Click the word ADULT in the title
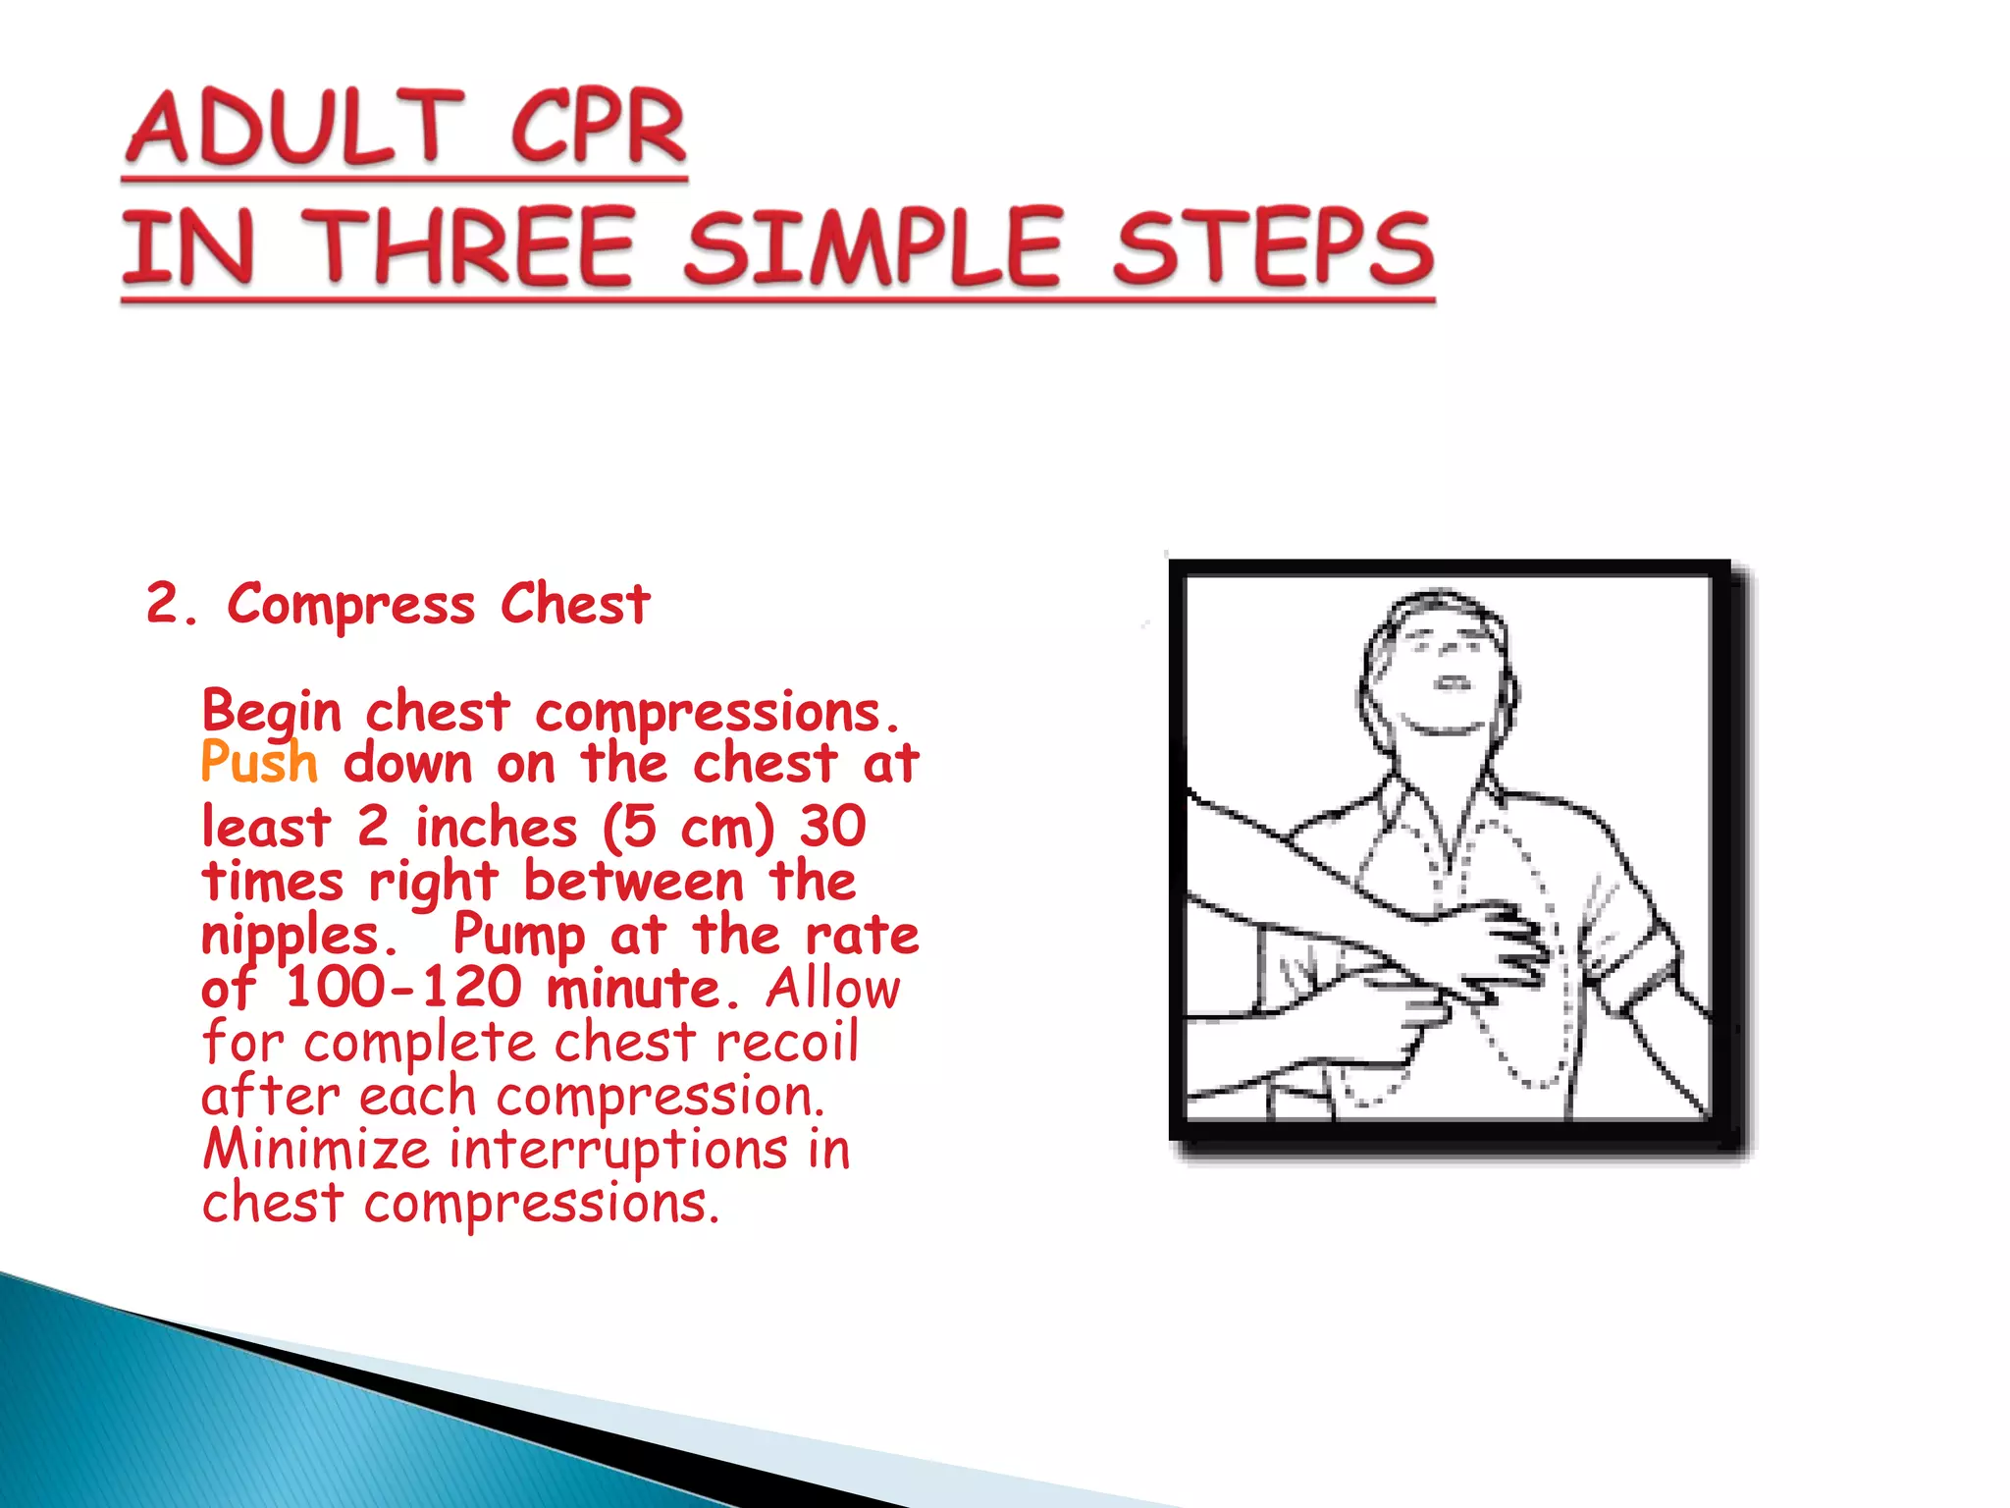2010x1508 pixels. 294,128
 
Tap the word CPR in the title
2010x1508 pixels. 598,128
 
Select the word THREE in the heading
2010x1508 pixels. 472,247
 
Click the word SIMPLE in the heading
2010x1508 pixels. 873,247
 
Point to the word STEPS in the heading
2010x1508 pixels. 1272,247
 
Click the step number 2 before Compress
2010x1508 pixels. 163,603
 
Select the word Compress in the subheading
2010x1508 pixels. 350,605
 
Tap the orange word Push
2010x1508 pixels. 259,763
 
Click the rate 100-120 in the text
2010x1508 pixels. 403,988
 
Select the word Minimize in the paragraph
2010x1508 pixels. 316,1149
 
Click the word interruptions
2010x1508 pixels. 618,1149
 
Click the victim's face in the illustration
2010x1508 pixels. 1443,668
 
